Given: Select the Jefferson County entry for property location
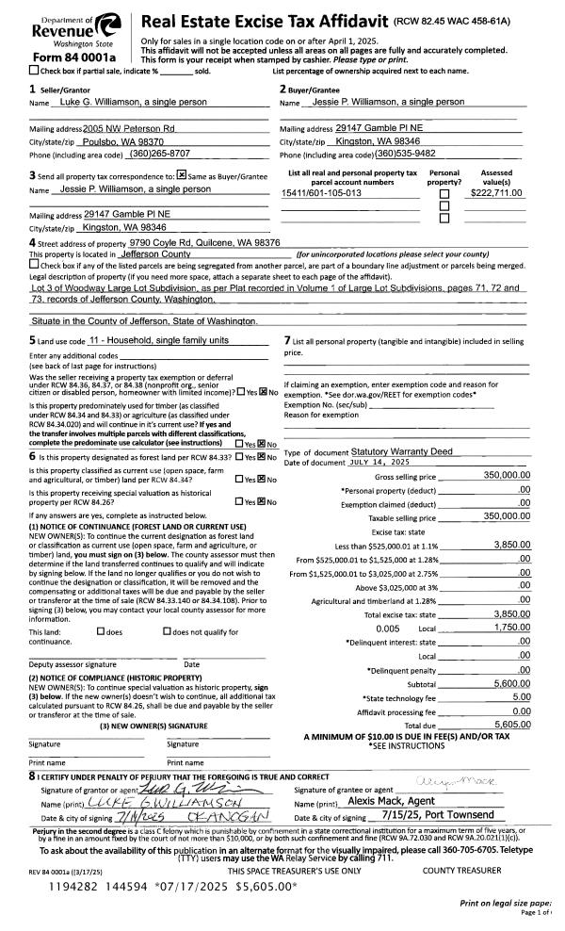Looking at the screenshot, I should [x=156, y=254].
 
